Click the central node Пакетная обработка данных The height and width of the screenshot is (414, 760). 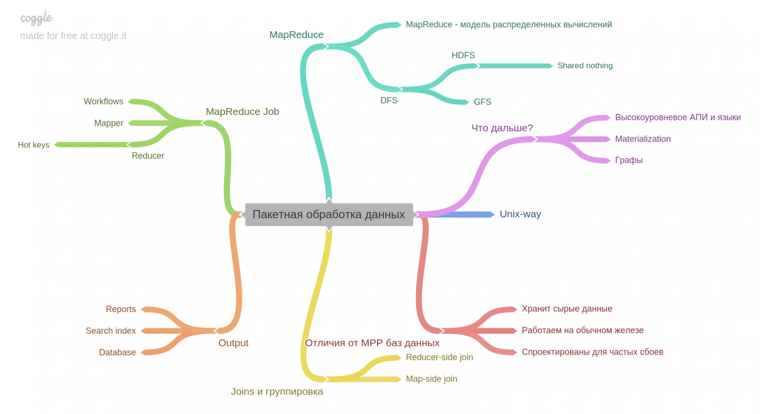(329, 214)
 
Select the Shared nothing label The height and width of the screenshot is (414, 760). (585, 66)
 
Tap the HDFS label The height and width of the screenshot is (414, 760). (463, 56)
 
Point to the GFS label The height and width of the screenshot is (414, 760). (482, 102)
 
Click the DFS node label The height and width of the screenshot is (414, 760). (389, 100)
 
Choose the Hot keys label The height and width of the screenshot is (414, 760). (34, 145)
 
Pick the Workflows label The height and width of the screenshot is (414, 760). (103, 101)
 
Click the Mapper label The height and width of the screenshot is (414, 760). (109, 123)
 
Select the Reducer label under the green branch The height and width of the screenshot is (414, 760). (148, 156)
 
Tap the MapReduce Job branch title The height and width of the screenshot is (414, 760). (242, 112)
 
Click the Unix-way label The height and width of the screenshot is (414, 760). (520, 214)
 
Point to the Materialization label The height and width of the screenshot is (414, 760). (643, 139)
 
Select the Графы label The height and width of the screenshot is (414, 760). (628, 160)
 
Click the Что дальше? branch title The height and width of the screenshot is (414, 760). (502, 128)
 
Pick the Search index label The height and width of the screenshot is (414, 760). (111, 331)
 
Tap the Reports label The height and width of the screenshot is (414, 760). (121, 309)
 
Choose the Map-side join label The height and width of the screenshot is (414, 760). (431, 379)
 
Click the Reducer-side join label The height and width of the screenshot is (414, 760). (439, 358)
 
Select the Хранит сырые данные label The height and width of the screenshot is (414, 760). (567, 309)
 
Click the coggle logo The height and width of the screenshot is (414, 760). (37, 19)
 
